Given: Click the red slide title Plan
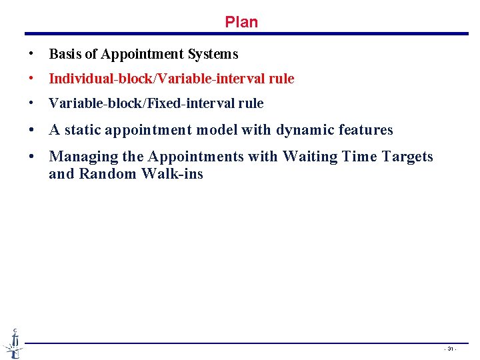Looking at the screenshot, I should click(241, 22).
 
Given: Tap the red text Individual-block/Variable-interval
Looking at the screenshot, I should click(157, 79).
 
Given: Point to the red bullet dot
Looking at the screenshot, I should click(31, 79).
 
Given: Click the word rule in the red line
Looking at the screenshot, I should click(281, 79).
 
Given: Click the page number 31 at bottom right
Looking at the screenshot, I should click(451, 349).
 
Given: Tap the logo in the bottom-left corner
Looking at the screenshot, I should click(13, 343).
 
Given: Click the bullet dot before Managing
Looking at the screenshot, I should click(31, 157).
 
